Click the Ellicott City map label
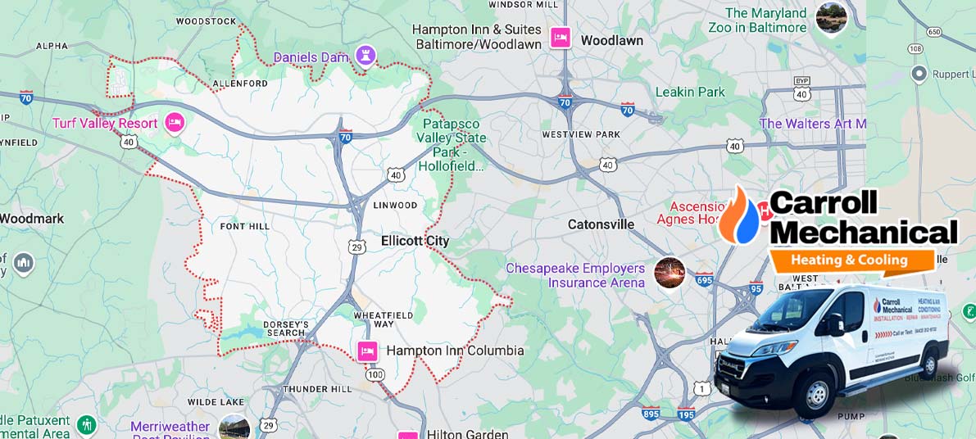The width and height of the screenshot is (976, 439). pos(415,241)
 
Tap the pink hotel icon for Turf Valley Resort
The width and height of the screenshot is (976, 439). pos(174,123)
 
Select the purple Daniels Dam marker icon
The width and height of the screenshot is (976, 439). pos(365,56)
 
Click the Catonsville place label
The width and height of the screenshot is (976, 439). pos(601,224)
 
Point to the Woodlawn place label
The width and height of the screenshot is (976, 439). pos(611,40)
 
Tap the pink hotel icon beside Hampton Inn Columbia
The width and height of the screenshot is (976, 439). pos(368,351)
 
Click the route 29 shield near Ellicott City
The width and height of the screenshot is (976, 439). pos(356,247)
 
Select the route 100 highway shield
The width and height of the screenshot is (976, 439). pos(375,373)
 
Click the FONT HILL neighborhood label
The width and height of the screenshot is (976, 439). pos(244,226)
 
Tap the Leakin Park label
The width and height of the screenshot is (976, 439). pos(690,92)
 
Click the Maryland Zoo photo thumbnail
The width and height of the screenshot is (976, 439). pos(831,18)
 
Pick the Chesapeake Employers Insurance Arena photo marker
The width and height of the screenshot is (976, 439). pos(670,271)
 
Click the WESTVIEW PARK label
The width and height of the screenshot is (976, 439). pos(581,134)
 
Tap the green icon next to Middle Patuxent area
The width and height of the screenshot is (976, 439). pos(86,425)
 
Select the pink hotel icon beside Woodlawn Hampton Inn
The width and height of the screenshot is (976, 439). pos(561,38)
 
